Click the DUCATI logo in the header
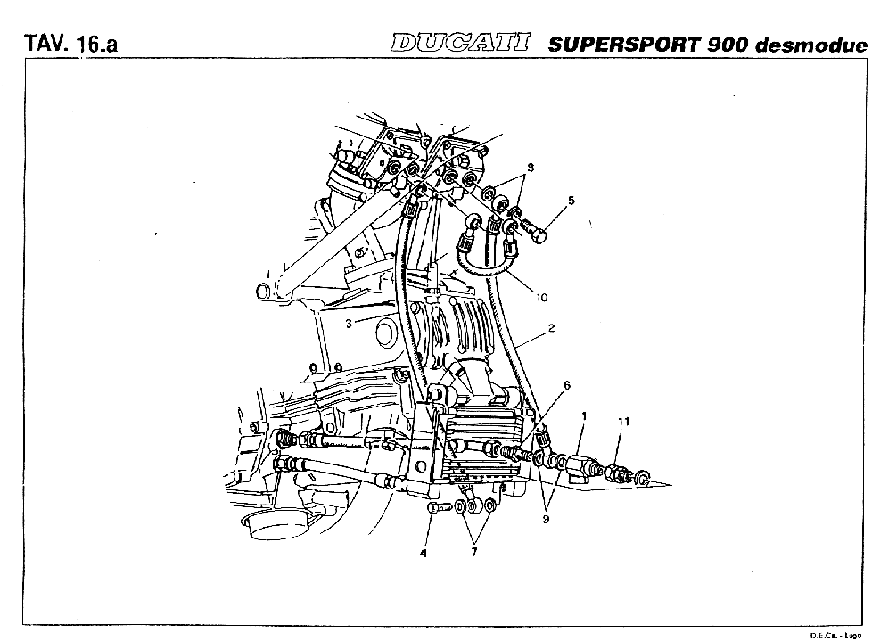[460, 44]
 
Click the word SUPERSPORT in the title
[625, 45]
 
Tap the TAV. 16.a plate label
[70, 44]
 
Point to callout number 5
[572, 201]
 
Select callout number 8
[531, 168]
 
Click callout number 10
[542, 298]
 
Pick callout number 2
[551, 328]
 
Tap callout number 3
[349, 324]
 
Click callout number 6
[567, 385]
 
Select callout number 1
[585, 415]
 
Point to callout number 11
[624, 422]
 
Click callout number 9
[546, 519]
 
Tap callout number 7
[473, 552]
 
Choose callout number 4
[424, 553]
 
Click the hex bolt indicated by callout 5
[534, 231]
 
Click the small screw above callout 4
[438, 506]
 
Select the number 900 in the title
[728, 45]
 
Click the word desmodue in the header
[811, 45]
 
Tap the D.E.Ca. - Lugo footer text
[835, 636]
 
